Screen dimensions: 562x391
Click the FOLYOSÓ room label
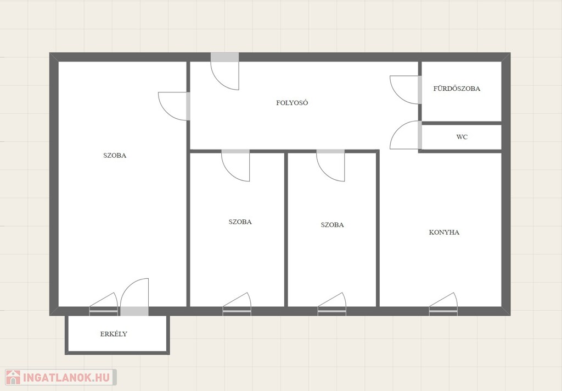click(x=292, y=103)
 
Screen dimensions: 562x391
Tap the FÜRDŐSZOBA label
click(x=457, y=89)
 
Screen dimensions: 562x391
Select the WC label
click(x=462, y=137)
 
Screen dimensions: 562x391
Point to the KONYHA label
click(x=444, y=232)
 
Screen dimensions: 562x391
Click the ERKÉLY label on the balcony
click(x=114, y=334)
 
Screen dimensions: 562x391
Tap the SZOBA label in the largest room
click(x=115, y=156)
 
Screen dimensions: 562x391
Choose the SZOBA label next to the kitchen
click(x=332, y=225)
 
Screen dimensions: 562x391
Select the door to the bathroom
click(x=406, y=90)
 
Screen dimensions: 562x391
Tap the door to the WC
click(x=406, y=135)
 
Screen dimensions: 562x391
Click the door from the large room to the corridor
click(x=174, y=106)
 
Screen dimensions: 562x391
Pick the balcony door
click(x=134, y=298)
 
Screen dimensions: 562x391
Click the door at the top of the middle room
click(x=235, y=166)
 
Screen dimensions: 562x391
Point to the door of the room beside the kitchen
click(x=330, y=166)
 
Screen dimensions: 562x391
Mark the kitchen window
click(x=443, y=304)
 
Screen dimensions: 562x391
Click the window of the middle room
click(x=237, y=304)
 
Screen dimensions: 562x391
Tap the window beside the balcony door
click(x=104, y=304)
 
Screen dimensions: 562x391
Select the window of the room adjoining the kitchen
click(x=332, y=304)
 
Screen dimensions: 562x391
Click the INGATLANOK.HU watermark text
click(x=66, y=377)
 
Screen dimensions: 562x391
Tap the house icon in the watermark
click(x=13, y=377)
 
